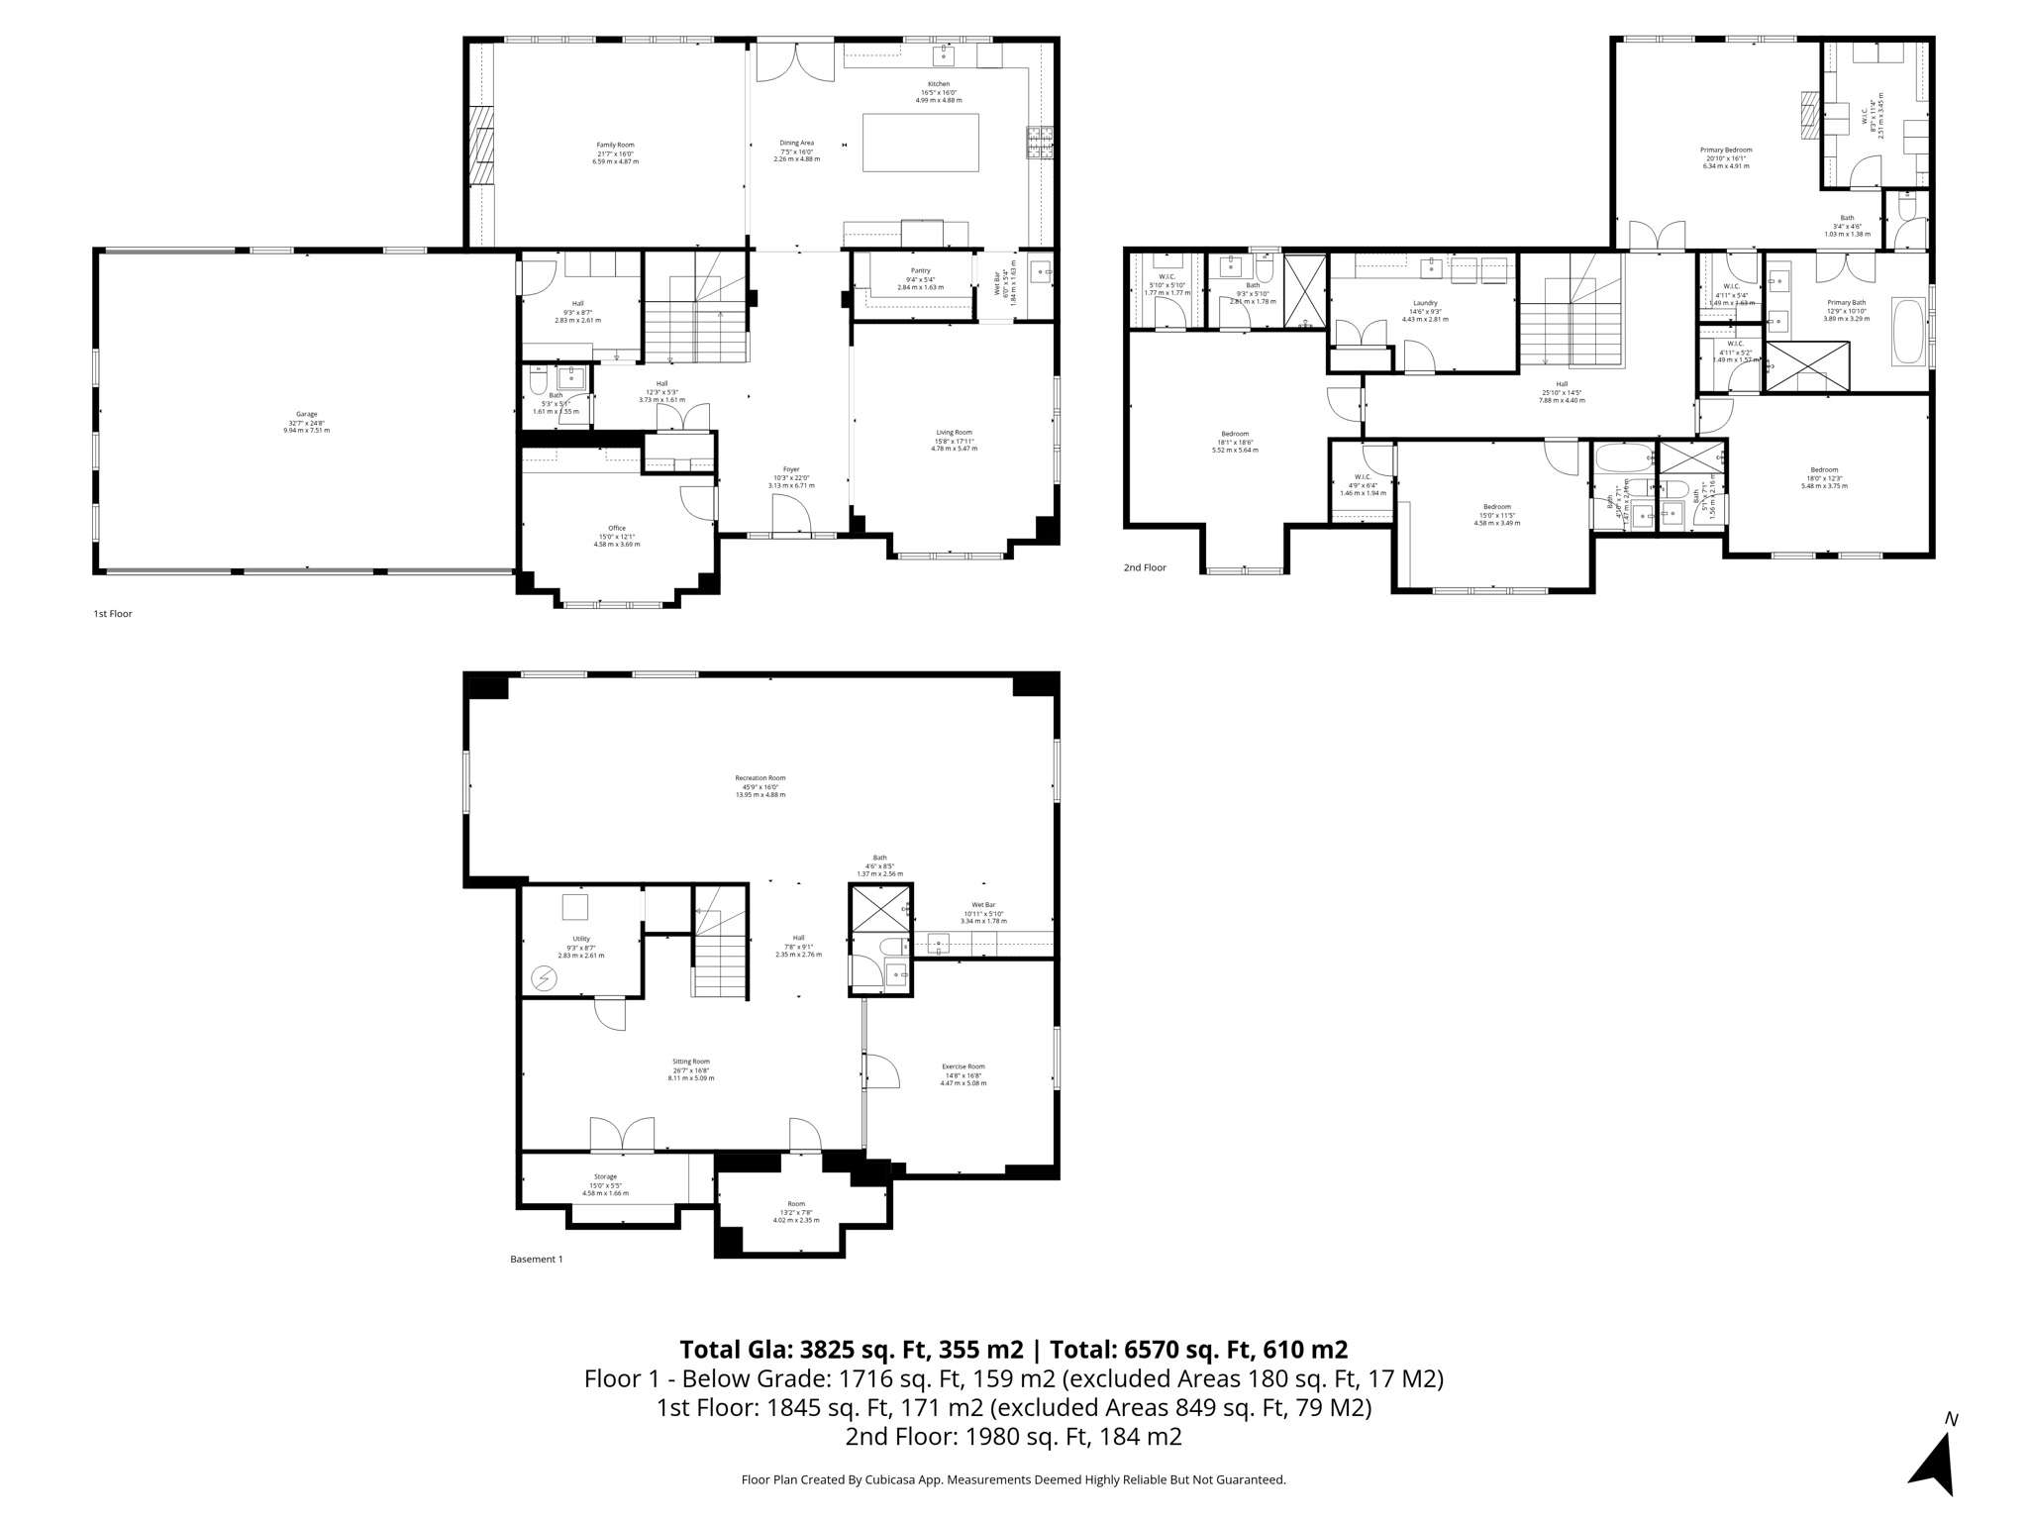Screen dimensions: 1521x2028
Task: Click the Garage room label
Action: [x=306, y=415]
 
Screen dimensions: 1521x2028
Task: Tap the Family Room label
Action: [x=615, y=146]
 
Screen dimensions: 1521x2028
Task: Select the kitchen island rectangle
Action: [x=920, y=143]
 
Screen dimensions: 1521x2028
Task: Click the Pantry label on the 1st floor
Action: [x=920, y=270]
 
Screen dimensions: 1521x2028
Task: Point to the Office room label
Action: [x=617, y=528]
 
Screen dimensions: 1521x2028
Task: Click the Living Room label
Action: [x=954, y=432]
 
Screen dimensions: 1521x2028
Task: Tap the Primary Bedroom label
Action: [x=1726, y=151]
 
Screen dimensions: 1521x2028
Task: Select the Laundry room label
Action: [x=1425, y=303]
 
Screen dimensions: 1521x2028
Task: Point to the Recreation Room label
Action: [x=760, y=778]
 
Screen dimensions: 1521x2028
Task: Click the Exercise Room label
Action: [x=963, y=1066]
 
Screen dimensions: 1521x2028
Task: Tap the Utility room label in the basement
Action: [x=580, y=939]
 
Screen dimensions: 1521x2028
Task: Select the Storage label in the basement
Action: [x=605, y=1176]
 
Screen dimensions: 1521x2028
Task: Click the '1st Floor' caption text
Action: [x=113, y=614]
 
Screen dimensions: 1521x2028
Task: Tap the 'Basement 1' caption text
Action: [x=536, y=1260]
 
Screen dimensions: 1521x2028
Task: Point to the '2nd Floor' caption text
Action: [x=1145, y=568]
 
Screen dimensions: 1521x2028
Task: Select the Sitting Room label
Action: [x=690, y=1061]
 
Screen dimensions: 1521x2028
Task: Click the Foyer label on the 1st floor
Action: [x=790, y=469]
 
